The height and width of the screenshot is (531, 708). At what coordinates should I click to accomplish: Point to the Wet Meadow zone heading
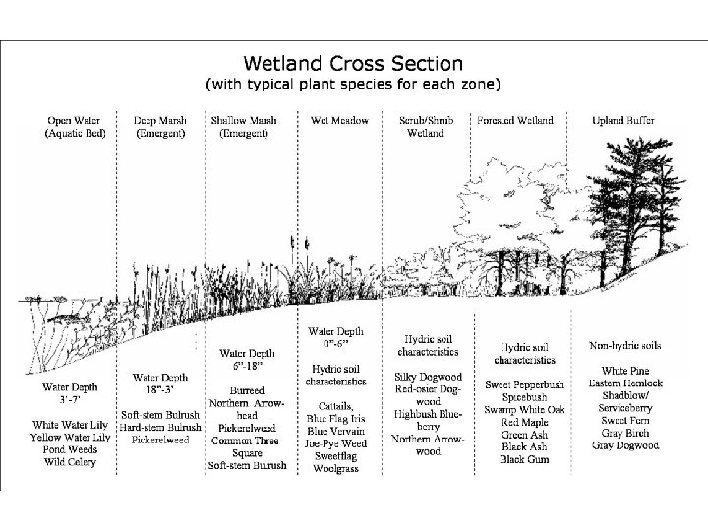click(x=339, y=121)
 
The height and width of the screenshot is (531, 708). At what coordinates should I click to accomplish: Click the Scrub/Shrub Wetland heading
click(x=427, y=127)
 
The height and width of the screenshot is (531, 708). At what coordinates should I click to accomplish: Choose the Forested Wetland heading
click(x=514, y=121)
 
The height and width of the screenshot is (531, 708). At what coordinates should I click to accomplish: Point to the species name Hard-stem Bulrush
click(x=160, y=427)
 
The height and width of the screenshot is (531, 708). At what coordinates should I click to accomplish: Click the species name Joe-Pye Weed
click(x=338, y=442)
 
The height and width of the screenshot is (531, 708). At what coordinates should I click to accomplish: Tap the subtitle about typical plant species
click(x=354, y=84)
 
